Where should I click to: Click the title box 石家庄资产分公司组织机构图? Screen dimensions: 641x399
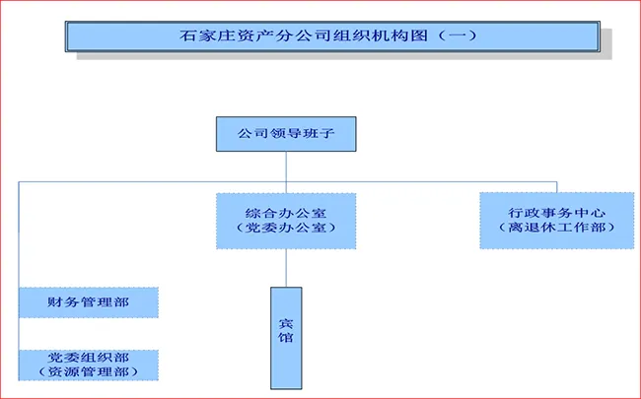331,35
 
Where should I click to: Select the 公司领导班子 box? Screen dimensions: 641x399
286,134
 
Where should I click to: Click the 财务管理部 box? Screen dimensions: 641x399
88,301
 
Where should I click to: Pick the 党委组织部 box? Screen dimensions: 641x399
88,364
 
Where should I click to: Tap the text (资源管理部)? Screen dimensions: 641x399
88,372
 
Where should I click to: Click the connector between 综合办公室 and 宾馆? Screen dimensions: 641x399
286,267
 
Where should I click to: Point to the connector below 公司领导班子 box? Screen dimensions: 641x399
286,166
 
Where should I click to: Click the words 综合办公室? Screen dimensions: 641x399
286,212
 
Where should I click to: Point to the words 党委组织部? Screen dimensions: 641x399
88,357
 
